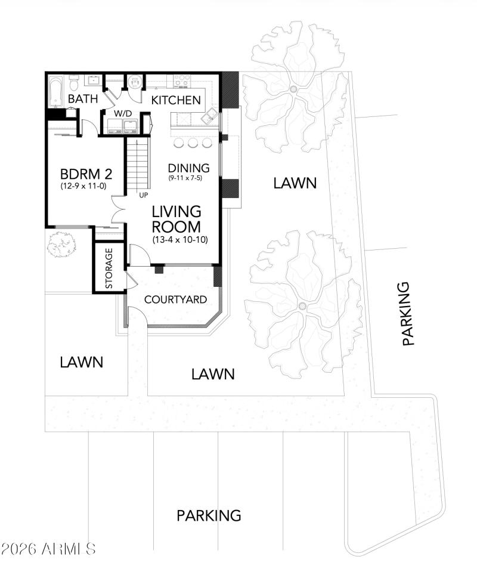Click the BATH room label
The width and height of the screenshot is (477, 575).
click(x=82, y=99)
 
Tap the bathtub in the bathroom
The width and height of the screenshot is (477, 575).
click(x=56, y=91)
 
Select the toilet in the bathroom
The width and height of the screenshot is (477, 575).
click(x=74, y=82)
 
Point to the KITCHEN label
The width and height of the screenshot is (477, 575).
click(x=175, y=100)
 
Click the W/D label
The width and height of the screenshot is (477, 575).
click(x=123, y=113)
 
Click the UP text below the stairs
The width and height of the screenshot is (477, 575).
click(x=143, y=195)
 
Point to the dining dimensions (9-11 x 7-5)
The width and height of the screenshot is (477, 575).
click(x=188, y=178)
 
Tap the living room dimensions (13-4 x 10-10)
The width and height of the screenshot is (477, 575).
click(x=176, y=240)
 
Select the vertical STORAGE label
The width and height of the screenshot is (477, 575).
click(x=109, y=268)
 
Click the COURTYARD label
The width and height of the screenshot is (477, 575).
click(x=176, y=299)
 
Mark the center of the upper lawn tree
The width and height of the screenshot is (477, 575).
click(x=293, y=89)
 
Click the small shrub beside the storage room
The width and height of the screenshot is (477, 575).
click(x=61, y=245)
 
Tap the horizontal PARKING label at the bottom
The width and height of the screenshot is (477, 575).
click(x=209, y=515)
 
